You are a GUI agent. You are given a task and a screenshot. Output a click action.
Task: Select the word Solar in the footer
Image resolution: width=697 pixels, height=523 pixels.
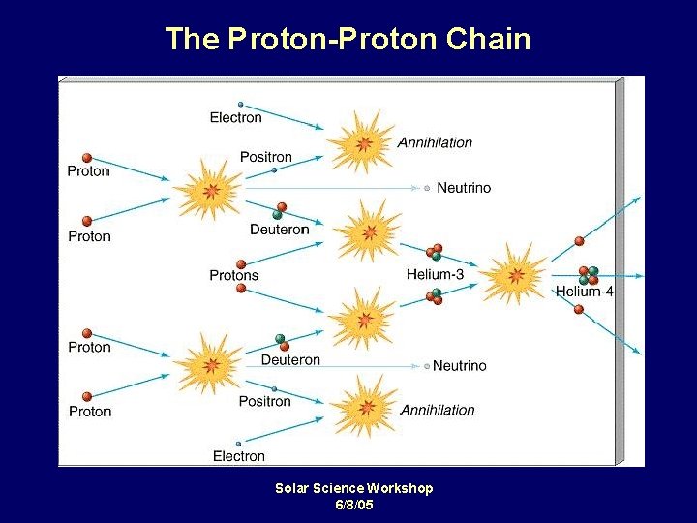click(x=293, y=488)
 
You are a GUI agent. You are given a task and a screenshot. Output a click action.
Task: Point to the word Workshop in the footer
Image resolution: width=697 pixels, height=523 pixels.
click(x=400, y=488)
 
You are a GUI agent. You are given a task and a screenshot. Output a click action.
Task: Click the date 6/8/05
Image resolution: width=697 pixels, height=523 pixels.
click(x=353, y=505)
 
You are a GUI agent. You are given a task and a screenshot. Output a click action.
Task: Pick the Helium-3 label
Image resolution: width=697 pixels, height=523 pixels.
click(x=435, y=275)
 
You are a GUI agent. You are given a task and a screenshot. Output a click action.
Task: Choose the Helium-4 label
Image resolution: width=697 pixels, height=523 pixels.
click(x=584, y=292)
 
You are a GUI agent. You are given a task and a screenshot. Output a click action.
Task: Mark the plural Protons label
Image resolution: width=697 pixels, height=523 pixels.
click(x=234, y=276)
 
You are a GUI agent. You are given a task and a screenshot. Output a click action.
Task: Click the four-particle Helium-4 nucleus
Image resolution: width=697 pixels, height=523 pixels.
click(x=588, y=275)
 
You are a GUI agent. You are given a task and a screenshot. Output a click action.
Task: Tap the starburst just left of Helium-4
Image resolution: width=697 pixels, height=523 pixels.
click(x=514, y=275)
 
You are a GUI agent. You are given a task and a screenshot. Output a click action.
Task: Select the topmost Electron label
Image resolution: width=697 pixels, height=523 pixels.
click(x=236, y=118)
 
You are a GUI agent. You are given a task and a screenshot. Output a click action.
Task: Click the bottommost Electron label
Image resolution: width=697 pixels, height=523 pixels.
click(x=238, y=456)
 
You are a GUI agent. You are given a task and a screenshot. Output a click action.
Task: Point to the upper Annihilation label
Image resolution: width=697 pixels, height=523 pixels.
click(x=435, y=143)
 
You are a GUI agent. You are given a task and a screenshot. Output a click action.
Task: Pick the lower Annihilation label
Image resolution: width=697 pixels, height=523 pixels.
click(x=438, y=410)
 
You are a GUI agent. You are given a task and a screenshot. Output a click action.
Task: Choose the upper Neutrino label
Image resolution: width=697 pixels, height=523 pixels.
click(x=464, y=188)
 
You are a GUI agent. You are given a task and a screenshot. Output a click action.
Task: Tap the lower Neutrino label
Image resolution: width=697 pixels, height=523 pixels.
click(x=460, y=366)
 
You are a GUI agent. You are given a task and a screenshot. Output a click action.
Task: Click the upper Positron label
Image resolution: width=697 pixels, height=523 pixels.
click(x=266, y=157)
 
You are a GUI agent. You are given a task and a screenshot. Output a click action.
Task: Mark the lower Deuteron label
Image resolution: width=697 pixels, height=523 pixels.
click(x=290, y=360)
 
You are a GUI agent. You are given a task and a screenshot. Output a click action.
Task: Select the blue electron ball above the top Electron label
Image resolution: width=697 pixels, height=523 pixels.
click(x=240, y=104)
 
